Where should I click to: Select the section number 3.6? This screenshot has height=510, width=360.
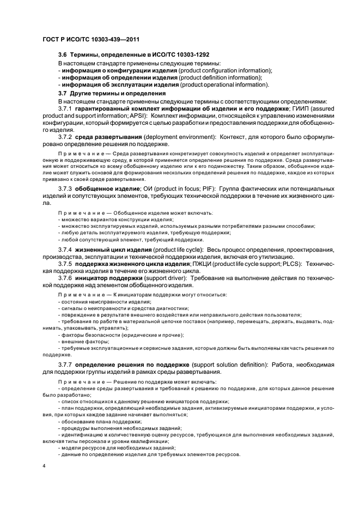[63, 55]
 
